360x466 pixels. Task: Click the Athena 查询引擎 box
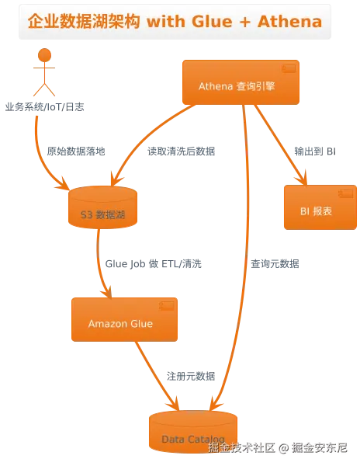tap(241, 82)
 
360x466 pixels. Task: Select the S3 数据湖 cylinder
tap(102, 207)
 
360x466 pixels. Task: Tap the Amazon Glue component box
tap(124, 319)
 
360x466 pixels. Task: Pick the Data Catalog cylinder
tap(193, 432)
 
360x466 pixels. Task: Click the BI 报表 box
tap(320, 207)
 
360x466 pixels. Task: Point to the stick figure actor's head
tap(44, 55)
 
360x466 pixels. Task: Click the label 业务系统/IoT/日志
tap(44, 107)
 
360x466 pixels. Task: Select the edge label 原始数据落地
tap(76, 151)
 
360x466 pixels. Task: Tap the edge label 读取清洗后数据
tap(182, 151)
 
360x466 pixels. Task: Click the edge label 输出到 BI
tap(315, 151)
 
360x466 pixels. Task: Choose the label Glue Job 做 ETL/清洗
tap(154, 263)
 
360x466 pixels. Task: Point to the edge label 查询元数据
tap(275, 263)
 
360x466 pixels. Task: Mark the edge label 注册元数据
tap(191, 376)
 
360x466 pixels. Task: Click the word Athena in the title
tap(289, 22)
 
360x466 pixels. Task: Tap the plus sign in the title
tap(245, 23)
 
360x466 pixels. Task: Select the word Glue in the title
tap(212, 22)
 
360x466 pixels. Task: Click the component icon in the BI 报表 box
tap(346, 193)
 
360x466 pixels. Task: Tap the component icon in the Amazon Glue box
tap(167, 306)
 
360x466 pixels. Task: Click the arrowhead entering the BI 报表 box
tap(302, 179)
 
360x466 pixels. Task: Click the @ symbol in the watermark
tap(283, 448)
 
